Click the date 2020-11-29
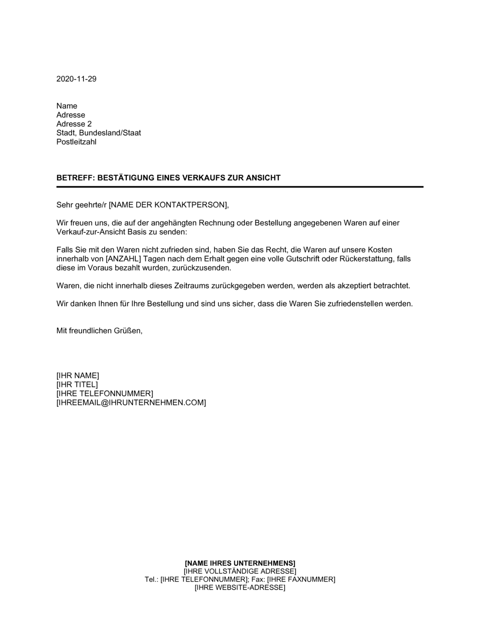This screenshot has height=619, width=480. coord(76,79)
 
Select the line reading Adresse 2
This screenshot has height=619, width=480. coord(74,124)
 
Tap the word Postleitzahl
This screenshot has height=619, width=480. coord(76,142)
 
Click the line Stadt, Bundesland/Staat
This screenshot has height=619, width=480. coord(98,133)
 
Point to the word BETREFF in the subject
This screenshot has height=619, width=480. coord(75,178)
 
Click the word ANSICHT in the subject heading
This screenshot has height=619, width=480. coord(264,178)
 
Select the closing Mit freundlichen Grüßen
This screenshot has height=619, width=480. coord(99,331)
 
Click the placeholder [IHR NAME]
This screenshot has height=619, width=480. coord(78,376)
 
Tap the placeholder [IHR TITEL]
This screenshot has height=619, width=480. coord(77,385)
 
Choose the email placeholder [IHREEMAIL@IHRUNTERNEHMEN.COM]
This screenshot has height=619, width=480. coord(131,403)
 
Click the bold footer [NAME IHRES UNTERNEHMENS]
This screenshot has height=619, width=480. coord(240,563)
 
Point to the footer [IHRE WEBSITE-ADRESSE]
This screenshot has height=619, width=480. coord(240,588)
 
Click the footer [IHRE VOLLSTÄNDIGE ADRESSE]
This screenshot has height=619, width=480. coord(240,571)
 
